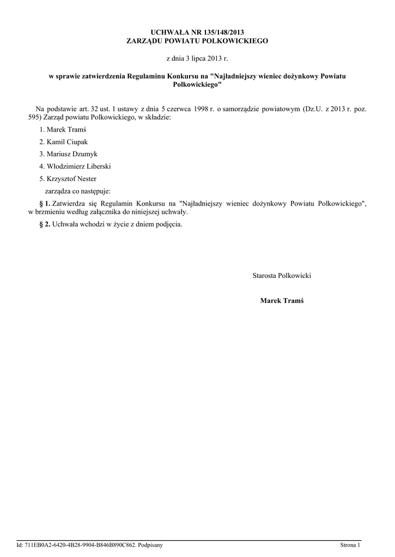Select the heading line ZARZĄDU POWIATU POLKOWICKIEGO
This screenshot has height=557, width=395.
[x=197, y=41]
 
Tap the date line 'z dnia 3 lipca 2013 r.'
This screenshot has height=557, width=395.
[x=197, y=58]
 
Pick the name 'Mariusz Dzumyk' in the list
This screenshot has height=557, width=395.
[x=71, y=154]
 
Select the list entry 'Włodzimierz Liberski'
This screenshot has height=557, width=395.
[x=78, y=166]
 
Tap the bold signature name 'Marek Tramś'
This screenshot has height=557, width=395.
[x=282, y=300]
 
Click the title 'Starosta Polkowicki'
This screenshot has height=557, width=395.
[x=282, y=276]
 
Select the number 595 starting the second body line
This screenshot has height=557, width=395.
[x=34, y=117]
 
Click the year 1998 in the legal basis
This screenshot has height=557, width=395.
[x=195, y=109]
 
